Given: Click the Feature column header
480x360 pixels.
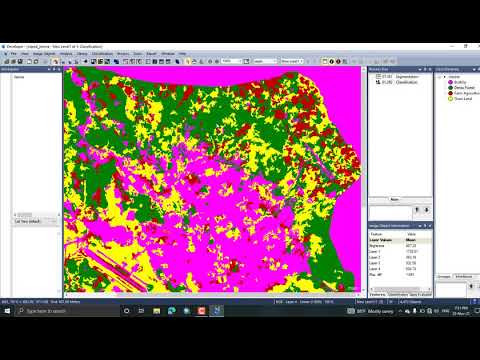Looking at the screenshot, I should point(380,233).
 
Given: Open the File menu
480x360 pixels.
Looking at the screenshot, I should point(13,53).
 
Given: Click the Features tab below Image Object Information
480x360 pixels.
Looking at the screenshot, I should point(378,294).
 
